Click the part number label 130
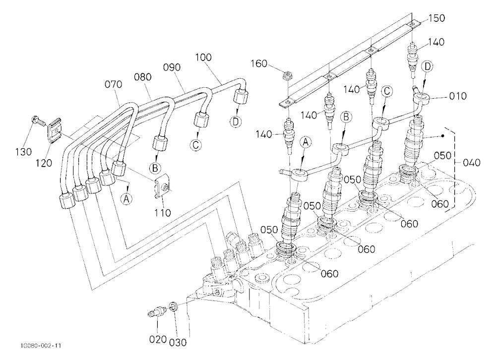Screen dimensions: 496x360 pyautogui.click(x=24, y=152)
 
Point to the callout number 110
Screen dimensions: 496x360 pyautogui.click(x=163, y=212)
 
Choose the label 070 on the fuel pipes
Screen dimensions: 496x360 pyautogui.click(x=113, y=84)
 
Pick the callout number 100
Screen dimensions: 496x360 pyautogui.click(x=203, y=58)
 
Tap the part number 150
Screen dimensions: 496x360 pyautogui.click(x=436, y=18)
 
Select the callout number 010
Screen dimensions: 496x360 pyautogui.click(x=458, y=96)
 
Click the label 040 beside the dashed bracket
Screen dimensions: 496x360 pyautogui.click(x=471, y=163)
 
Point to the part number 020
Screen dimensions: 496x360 pyautogui.click(x=158, y=339)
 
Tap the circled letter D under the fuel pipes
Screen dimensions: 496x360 pyautogui.click(x=236, y=121)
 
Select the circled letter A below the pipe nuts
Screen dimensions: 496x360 pyautogui.click(x=126, y=199)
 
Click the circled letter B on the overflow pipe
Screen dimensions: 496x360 pyautogui.click(x=346, y=117)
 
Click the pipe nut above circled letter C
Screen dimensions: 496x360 pyautogui.click(x=201, y=120)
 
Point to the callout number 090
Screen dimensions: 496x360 pyautogui.click(x=172, y=67)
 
